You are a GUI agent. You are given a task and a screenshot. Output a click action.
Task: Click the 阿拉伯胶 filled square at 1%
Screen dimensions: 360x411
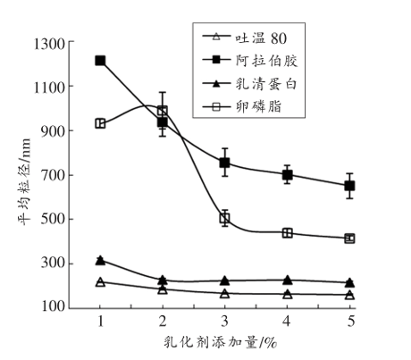tap(100, 61)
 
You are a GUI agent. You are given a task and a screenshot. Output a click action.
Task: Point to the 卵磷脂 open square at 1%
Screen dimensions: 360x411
tap(100, 123)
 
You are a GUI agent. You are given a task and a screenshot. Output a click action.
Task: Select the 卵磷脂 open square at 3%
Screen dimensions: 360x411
tap(225, 218)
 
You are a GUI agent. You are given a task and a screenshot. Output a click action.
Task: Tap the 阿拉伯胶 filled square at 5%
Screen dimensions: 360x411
tap(349, 186)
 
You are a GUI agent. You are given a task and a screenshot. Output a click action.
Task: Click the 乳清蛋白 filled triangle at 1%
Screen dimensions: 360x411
tap(100, 260)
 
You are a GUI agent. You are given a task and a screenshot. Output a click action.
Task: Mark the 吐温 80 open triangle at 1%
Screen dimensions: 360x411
tap(100, 281)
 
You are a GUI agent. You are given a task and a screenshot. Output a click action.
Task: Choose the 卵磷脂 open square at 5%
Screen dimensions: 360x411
tap(349, 239)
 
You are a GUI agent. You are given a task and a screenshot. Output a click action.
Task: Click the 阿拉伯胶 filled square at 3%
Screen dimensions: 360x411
tap(225, 163)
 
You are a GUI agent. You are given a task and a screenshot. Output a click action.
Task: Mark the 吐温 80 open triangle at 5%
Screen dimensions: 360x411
tap(349, 295)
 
